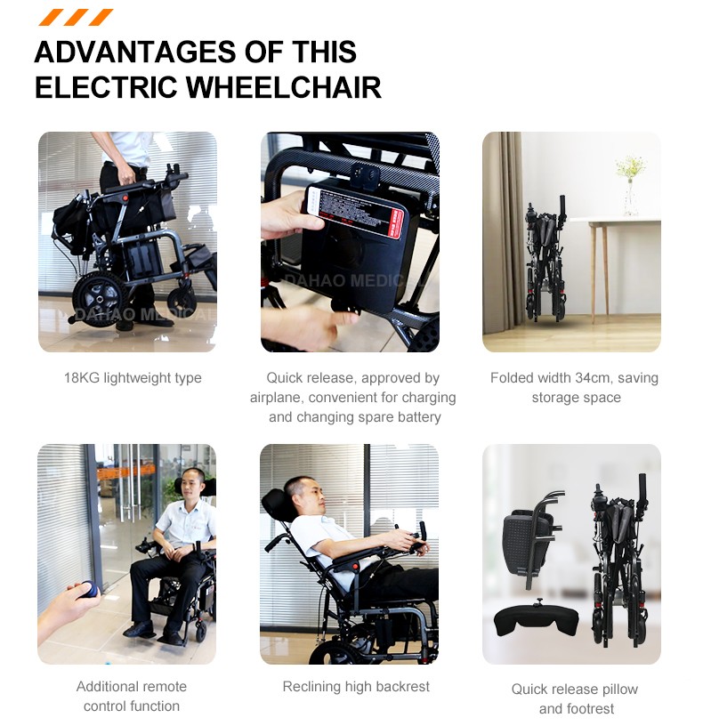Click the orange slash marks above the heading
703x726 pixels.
click(77, 17)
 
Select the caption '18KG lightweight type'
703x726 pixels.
click(133, 378)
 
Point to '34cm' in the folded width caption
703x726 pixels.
click(592, 378)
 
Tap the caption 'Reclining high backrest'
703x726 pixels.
click(355, 687)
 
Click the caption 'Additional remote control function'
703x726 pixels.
click(132, 696)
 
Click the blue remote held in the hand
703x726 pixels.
click(90, 590)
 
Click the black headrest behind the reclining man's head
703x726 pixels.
click(275, 506)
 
